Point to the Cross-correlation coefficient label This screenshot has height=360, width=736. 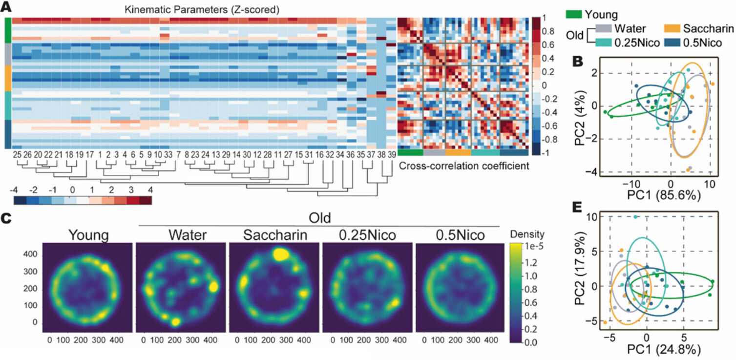coord(464,166)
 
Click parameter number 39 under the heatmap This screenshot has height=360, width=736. coord(392,155)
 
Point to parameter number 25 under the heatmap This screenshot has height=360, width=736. coord(17,155)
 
